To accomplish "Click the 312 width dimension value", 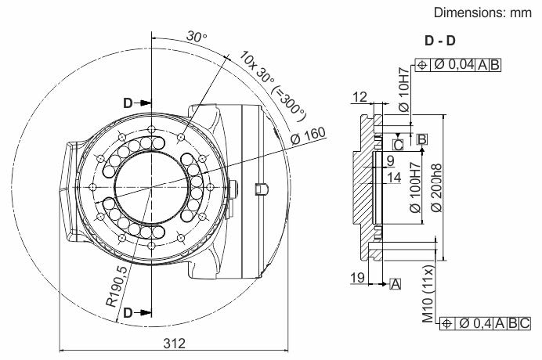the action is click(x=174, y=344).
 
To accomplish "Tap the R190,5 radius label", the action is click(x=117, y=286).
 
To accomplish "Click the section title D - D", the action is click(x=439, y=41).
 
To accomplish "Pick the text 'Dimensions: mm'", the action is click(x=482, y=13).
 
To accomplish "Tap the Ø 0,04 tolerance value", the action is click(x=453, y=64).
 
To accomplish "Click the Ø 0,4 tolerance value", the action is click(x=475, y=323).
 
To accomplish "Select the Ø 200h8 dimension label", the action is click(x=436, y=188).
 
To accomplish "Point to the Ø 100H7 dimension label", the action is click(x=415, y=188).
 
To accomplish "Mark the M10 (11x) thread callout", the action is click(x=428, y=295).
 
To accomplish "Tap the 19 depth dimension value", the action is click(x=357, y=277).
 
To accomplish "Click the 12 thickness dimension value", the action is click(x=360, y=97).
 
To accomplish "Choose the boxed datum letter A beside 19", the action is click(x=395, y=284).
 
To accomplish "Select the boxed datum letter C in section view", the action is click(x=398, y=145).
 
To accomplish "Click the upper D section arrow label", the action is click(x=128, y=103).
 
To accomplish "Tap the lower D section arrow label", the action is click(x=128, y=313).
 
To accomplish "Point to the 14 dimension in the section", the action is click(x=394, y=178).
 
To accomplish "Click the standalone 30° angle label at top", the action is click(x=197, y=37).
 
